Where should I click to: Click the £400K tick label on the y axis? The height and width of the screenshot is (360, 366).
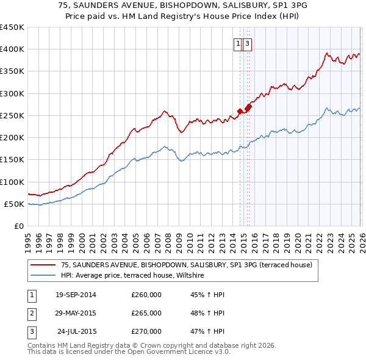click(12, 49)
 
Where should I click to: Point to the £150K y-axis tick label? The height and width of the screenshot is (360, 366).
click(12, 160)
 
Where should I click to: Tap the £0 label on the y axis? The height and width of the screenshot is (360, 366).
click(18, 226)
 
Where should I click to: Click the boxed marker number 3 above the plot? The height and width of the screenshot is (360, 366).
click(248, 43)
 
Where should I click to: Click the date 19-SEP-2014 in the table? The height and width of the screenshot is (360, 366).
click(76, 295)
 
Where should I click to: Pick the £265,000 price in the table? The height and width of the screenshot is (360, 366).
click(146, 313)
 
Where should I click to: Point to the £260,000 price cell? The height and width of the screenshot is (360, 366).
click(146, 295)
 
